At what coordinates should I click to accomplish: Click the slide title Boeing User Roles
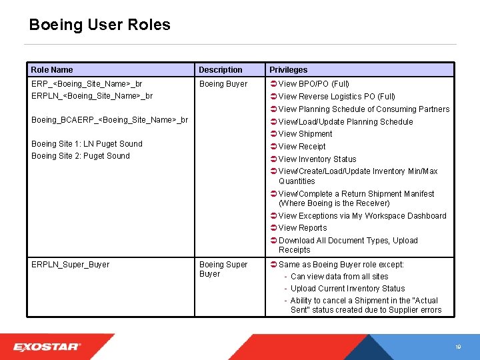coord(99,25)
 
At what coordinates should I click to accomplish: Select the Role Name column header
coord(52,70)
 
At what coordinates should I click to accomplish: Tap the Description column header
coord(221,70)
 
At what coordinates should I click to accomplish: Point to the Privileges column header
coord(289,70)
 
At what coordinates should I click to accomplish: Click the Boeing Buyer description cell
coord(223,84)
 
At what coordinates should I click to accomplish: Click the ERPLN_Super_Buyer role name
coord(70,265)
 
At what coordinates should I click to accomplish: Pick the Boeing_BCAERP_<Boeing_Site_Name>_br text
coord(109,120)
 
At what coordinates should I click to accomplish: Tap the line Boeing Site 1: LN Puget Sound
coord(87,144)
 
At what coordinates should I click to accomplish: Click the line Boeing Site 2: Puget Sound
coord(81,156)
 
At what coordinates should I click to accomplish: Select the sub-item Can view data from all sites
coord(339,277)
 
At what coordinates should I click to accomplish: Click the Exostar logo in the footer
coord(47,347)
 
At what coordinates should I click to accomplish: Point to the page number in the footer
coord(458,347)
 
